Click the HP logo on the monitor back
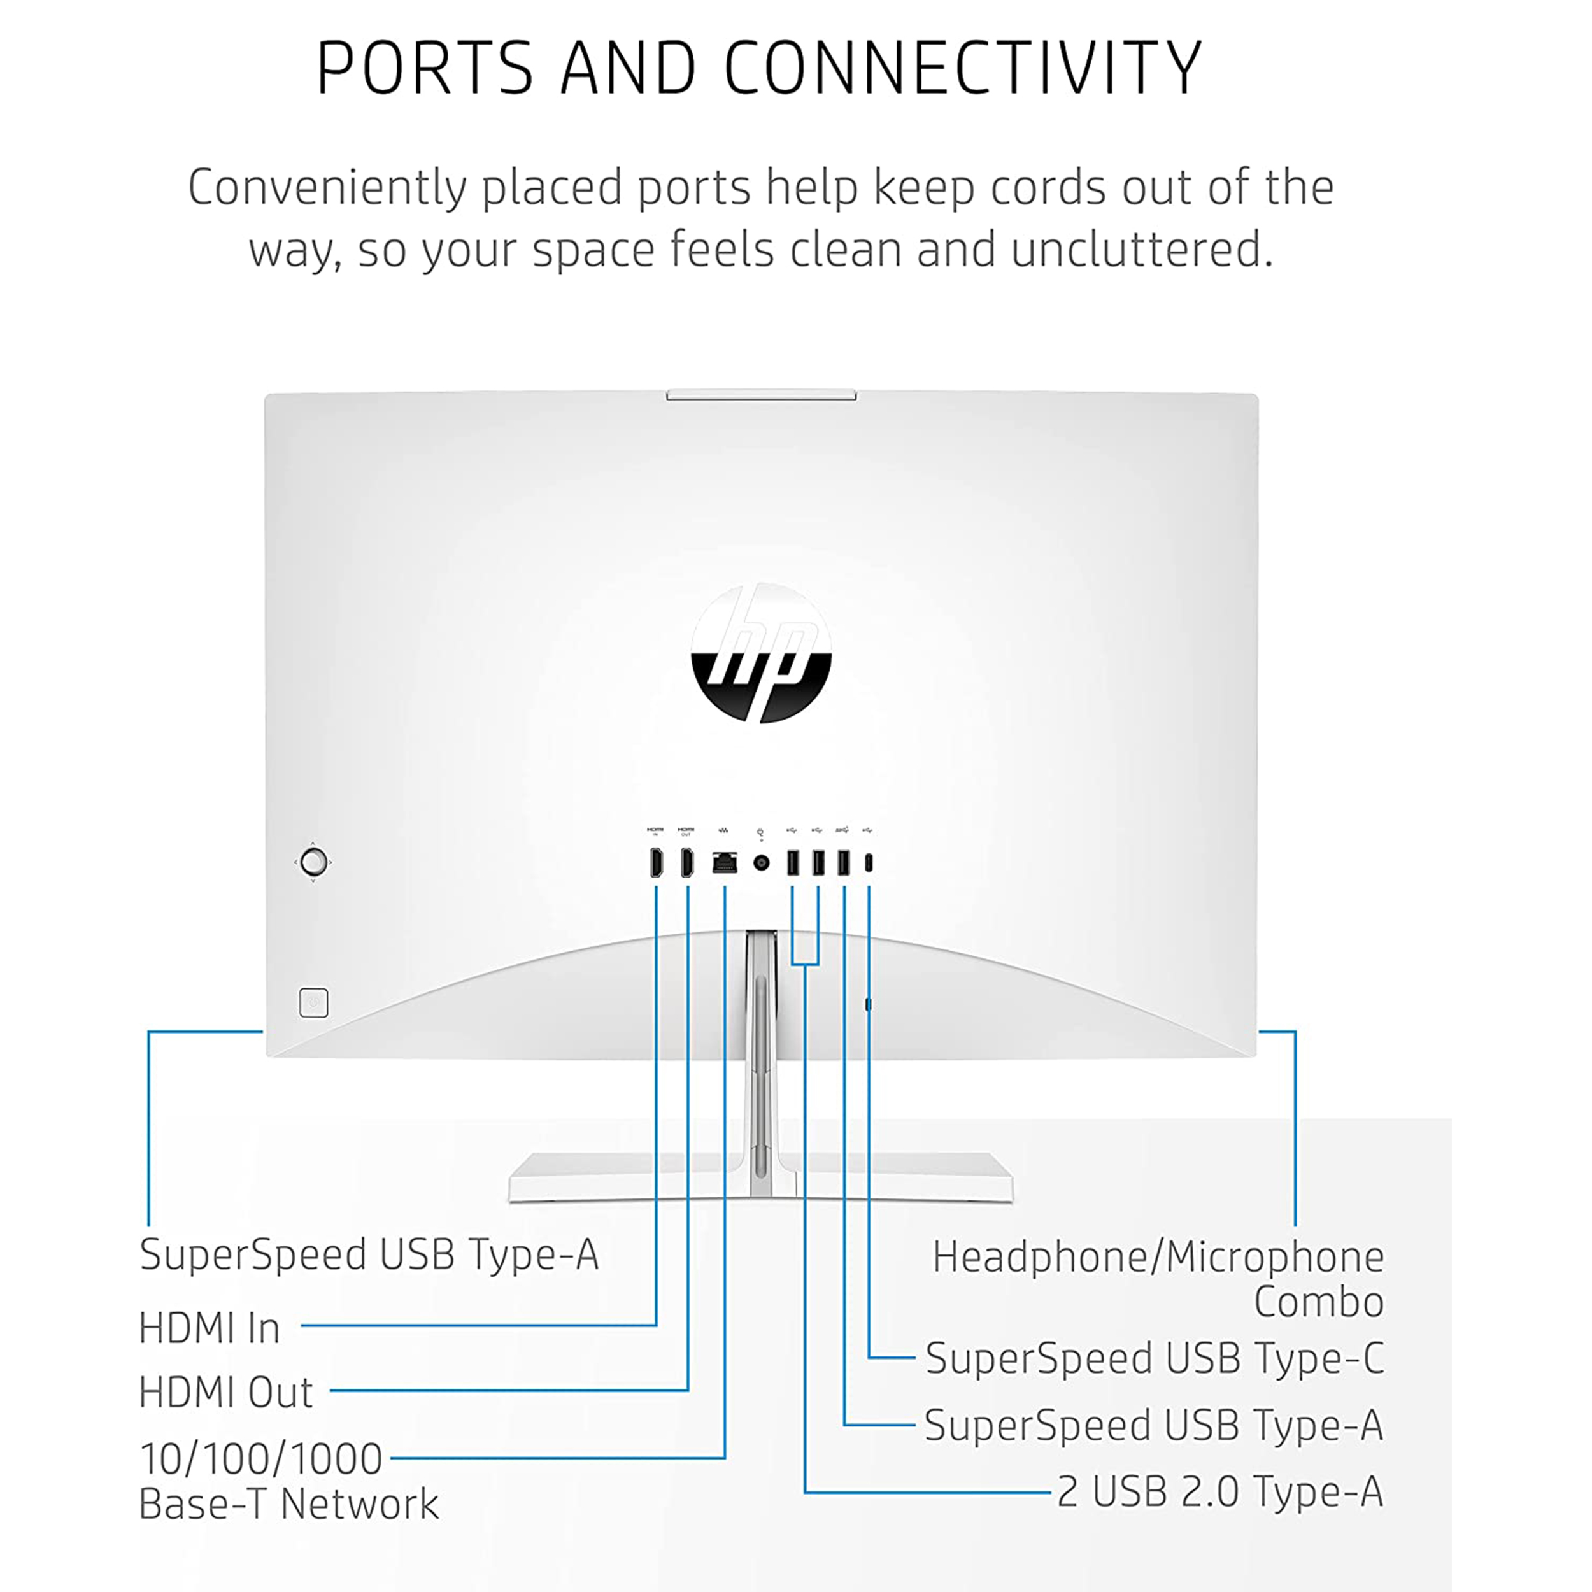760,653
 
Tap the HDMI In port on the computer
656,863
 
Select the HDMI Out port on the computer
686,863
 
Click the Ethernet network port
724,863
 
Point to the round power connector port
762,863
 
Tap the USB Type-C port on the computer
869,863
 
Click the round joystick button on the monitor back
313,862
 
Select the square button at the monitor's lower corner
313,1003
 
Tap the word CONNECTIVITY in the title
963,68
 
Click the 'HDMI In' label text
210,1328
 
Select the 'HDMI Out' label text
226,1393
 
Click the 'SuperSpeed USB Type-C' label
1154,1358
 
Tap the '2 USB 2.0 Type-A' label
1219,1491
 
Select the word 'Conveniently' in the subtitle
328,188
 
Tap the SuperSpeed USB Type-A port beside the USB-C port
843,863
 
